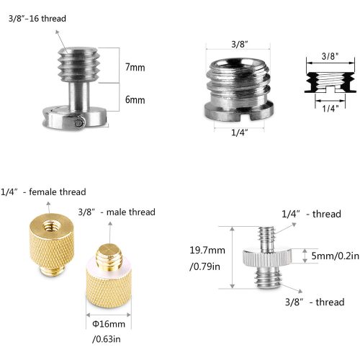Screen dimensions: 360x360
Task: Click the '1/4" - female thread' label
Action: pyautogui.click(x=44, y=192)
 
